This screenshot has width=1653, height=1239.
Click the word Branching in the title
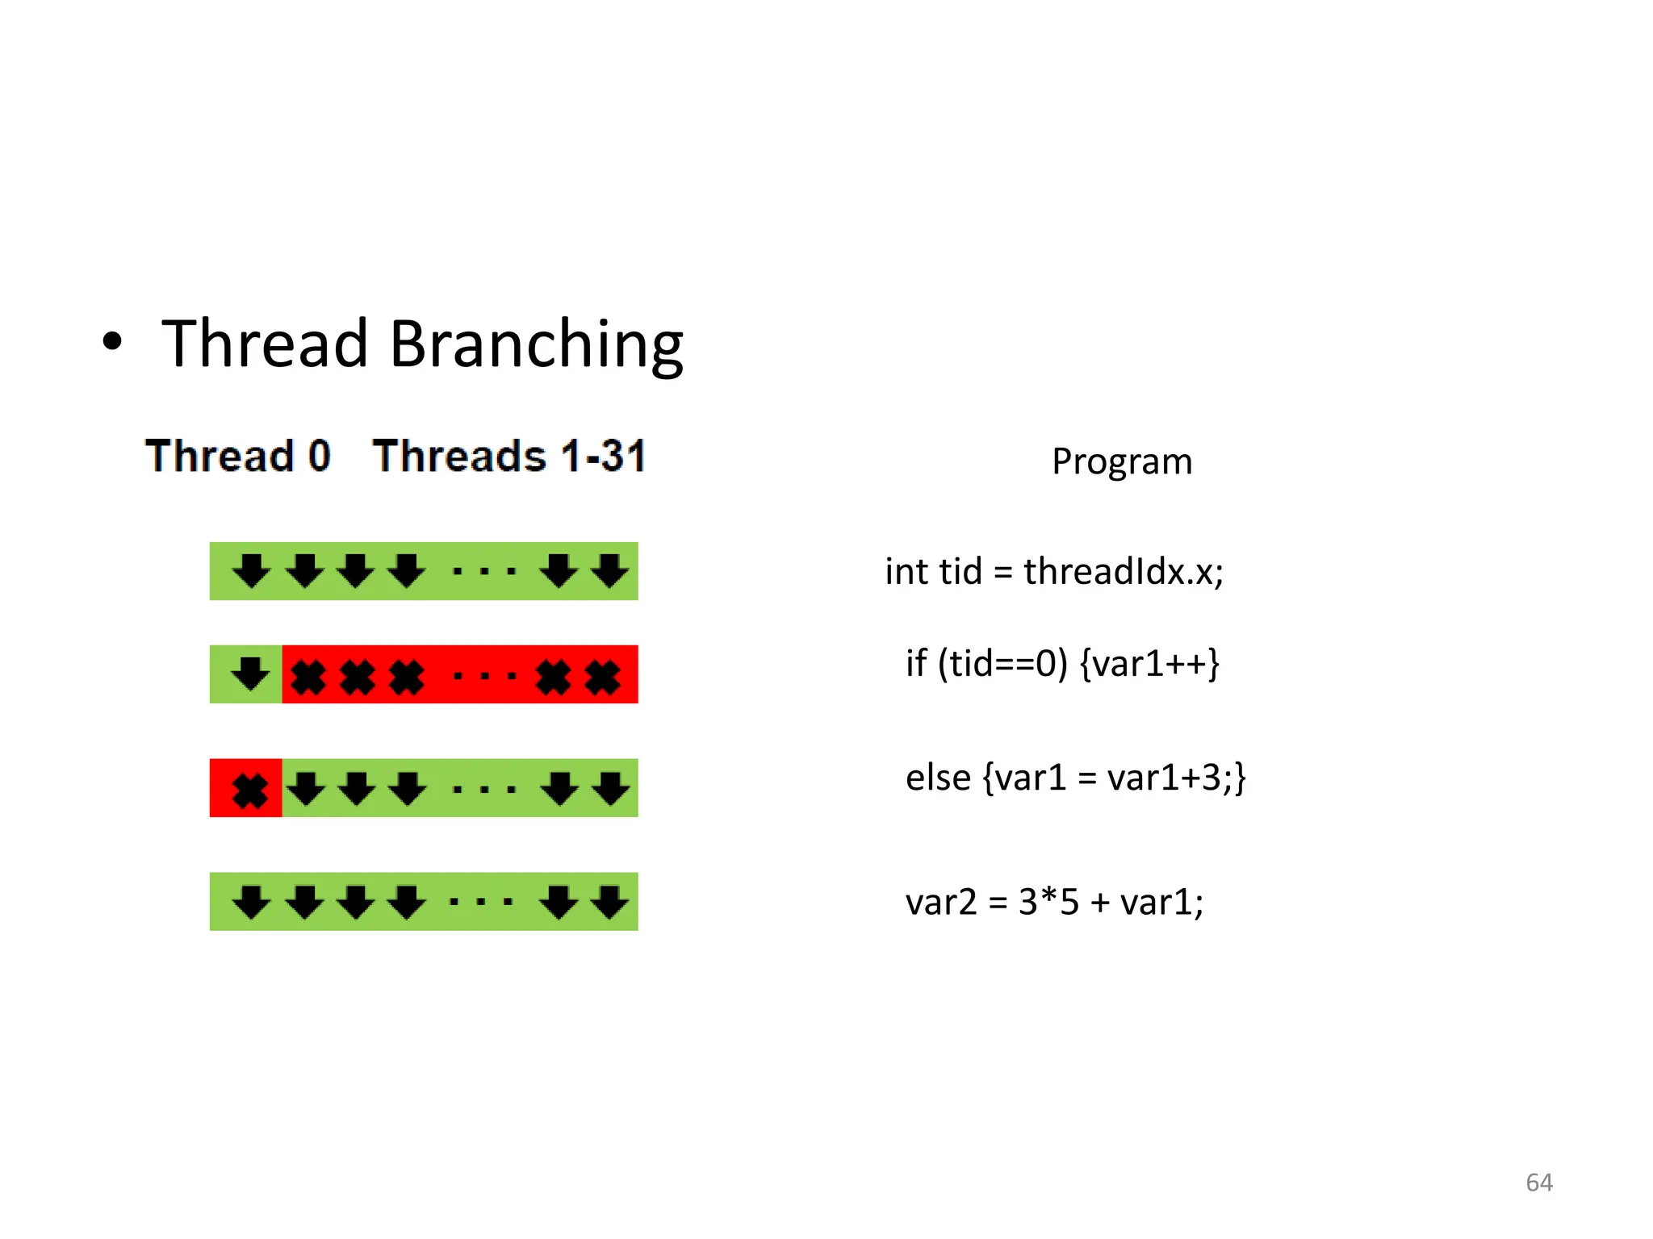click(x=536, y=345)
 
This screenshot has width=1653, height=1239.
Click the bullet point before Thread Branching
click(x=112, y=341)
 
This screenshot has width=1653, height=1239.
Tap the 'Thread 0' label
click(x=238, y=456)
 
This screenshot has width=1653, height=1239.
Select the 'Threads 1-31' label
click(x=509, y=456)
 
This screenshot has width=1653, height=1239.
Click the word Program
click(x=1122, y=461)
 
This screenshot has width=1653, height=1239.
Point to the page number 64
click(x=1538, y=1183)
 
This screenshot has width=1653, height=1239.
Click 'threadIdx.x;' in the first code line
click(x=1124, y=572)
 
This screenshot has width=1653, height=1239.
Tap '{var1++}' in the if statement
click(x=1149, y=664)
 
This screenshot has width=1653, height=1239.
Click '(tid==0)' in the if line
click(x=1002, y=664)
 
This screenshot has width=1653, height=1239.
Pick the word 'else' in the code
click(x=938, y=778)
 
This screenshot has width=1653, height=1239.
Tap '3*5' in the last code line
click(x=1048, y=902)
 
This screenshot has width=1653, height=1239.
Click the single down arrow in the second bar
click(x=251, y=674)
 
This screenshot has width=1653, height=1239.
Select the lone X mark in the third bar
click(x=250, y=791)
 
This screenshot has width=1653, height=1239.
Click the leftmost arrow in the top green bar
click(x=251, y=570)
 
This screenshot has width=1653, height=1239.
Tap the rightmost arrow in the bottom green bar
click(x=610, y=902)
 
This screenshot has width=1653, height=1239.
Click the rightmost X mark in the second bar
click(x=603, y=677)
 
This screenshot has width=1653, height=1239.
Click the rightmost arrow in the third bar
click(x=611, y=788)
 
